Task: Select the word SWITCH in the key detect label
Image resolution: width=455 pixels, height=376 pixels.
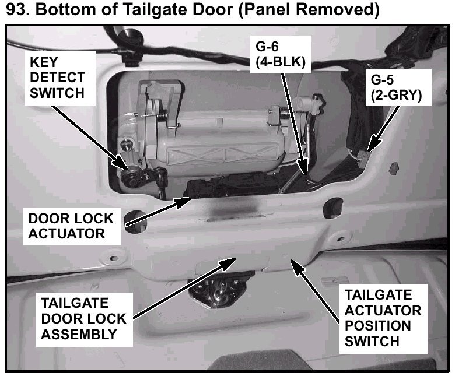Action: click(58, 92)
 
